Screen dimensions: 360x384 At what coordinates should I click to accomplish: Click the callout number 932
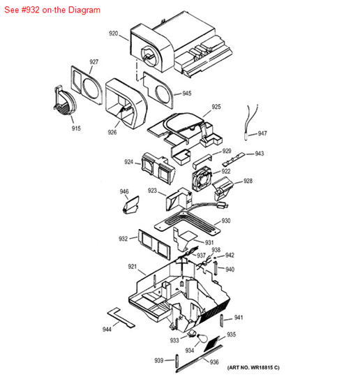pos(123,239)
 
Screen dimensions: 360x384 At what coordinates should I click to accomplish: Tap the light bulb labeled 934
pos(201,339)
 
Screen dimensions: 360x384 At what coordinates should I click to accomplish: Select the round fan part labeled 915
pos(65,101)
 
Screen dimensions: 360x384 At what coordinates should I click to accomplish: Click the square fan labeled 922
pos(202,179)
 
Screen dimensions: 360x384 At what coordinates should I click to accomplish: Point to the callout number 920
pos(114,34)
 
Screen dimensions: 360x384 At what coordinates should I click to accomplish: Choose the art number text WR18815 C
pos(253,367)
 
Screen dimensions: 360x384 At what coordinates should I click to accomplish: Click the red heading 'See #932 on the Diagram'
pos(52,10)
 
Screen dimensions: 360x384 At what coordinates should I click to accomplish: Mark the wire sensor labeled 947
pos(250,122)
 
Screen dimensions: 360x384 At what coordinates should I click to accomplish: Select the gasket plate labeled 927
pos(87,85)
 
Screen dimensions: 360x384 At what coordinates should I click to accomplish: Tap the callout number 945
pos(187,94)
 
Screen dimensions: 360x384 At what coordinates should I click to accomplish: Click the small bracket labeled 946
pos(130,205)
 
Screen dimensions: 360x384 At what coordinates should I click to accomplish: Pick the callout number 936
pos(214,362)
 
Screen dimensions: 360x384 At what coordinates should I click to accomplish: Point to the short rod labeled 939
pos(177,361)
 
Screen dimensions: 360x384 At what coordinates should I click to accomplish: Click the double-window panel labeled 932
pos(154,244)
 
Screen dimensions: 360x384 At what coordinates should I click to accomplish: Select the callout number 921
pos(132,266)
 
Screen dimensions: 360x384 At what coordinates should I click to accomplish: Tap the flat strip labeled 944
pos(121,317)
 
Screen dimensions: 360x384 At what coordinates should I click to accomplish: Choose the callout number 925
pos(216,107)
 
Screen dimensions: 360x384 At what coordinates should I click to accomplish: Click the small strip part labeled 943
pos(233,159)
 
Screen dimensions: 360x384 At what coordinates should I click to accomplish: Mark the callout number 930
pos(226,221)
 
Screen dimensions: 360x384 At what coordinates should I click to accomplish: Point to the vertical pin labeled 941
pos(222,320)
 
